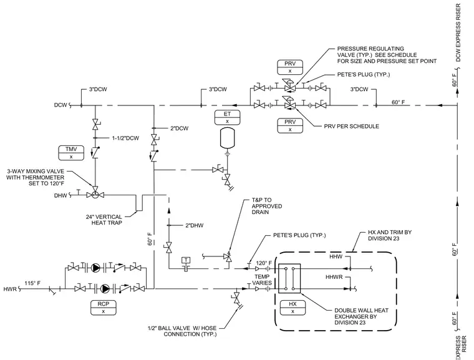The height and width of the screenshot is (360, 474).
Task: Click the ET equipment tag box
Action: tap(227, 117)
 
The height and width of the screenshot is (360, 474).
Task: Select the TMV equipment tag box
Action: tap(71, 153)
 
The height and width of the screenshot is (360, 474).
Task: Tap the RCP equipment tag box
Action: tap(104, 308)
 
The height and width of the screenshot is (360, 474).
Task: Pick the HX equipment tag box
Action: tap(293, 308)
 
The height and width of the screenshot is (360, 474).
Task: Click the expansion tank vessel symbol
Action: tap(227, 139)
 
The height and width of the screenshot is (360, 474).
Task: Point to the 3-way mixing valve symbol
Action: tap(95, 195)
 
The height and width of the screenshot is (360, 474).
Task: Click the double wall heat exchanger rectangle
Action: tap(289, 278)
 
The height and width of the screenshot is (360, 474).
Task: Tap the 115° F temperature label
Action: tap(32, 283)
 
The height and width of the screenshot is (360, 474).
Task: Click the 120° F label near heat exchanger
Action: tap(264, 263)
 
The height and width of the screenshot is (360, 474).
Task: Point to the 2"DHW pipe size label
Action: tap(195, 225)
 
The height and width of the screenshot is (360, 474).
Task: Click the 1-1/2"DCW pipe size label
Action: tap(125, 139)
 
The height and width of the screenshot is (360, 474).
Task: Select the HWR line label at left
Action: tap(10, 289)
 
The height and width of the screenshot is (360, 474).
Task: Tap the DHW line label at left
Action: tap(60, 196)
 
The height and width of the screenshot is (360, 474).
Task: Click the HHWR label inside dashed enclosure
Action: tap(334, 277)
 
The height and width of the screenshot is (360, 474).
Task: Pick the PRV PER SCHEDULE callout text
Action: tap(352, 127)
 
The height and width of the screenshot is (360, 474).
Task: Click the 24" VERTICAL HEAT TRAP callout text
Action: tap(104, 220)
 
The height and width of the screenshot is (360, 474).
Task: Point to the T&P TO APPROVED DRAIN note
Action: tap(267, 206)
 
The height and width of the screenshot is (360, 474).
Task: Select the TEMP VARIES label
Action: tap(262, 280)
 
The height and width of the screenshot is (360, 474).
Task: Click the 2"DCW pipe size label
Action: tap(179, 129)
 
